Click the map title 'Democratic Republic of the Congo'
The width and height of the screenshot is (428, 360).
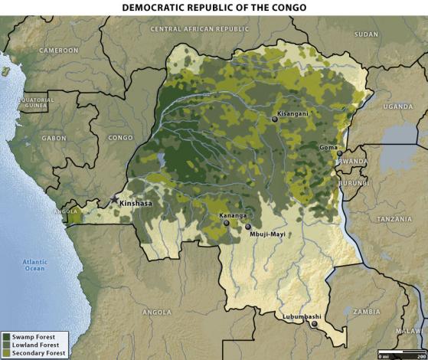coord(214,7)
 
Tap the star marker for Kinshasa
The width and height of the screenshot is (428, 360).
coord(115,198)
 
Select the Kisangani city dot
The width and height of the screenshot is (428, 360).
coord(275,119)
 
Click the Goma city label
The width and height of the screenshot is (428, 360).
coord(328,146)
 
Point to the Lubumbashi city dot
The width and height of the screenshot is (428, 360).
coord(313,324)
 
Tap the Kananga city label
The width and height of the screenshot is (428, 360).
coord(233,215)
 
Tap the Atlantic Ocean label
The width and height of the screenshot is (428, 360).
coord(34,264)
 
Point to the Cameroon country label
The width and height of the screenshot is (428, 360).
coord(60,50)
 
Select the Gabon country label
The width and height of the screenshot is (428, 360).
coord(54,138)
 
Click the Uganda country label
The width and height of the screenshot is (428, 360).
coord(397,106)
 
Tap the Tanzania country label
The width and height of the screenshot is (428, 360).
coord(394,219)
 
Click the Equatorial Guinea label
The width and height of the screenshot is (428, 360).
coord(35,103)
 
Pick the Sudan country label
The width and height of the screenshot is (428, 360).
coord(366,34)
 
